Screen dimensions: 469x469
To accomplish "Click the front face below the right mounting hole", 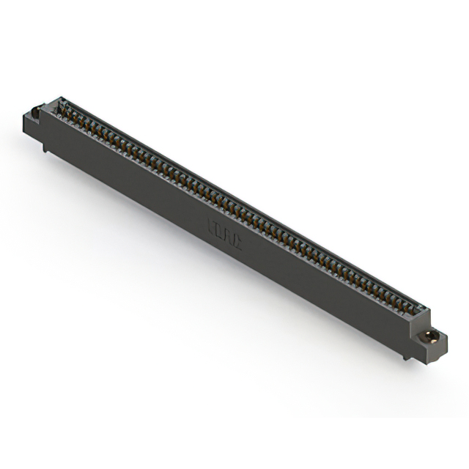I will tap(431, 352).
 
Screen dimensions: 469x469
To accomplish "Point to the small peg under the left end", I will tap(45, 148).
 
